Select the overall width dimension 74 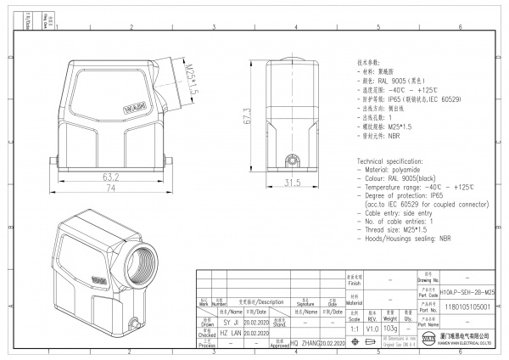[110, 188]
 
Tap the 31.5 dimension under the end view [292, 183]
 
